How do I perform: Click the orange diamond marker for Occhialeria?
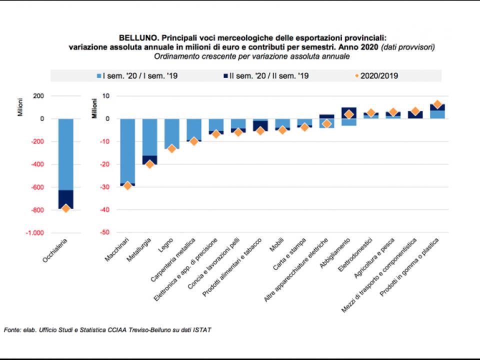click(66, 208)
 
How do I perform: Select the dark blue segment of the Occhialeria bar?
click(66, 199)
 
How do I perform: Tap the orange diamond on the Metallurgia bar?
click(149, 164)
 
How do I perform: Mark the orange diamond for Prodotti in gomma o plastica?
click(437, 104)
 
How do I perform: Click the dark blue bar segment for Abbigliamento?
click(348, 112)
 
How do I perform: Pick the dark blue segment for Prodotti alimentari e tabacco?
click(260, 125)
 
